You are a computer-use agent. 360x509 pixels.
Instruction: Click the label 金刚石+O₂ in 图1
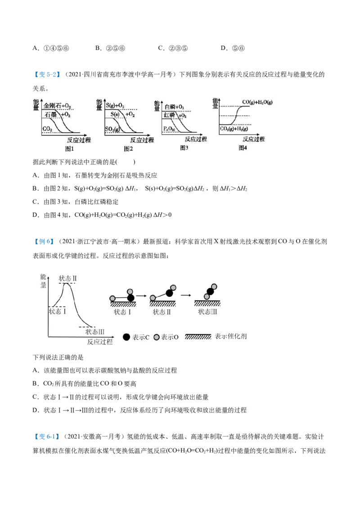[x=57, y=106]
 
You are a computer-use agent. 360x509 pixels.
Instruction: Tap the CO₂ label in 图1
[x=48, y=129]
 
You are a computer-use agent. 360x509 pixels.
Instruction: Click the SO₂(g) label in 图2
[x=113, y=129]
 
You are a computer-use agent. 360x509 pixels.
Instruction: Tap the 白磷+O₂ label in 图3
[x=174, y=107]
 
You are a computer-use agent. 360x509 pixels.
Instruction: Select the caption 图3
[x=184, y=147]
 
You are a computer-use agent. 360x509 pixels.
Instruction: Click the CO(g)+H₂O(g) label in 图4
[x=257, y=103]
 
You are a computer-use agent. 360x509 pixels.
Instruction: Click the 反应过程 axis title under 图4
[x=253, y=139]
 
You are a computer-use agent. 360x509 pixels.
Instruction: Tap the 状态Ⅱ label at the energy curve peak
[x=68, y=278]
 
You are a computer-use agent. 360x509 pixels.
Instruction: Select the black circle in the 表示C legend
[x=126, y=337]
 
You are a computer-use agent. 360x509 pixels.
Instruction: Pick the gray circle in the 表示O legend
[x=156, y=337]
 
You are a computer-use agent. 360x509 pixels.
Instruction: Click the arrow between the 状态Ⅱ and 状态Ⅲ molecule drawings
[x=185, y=296]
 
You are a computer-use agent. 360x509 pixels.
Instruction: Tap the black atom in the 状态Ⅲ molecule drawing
[x=210, y=291]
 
